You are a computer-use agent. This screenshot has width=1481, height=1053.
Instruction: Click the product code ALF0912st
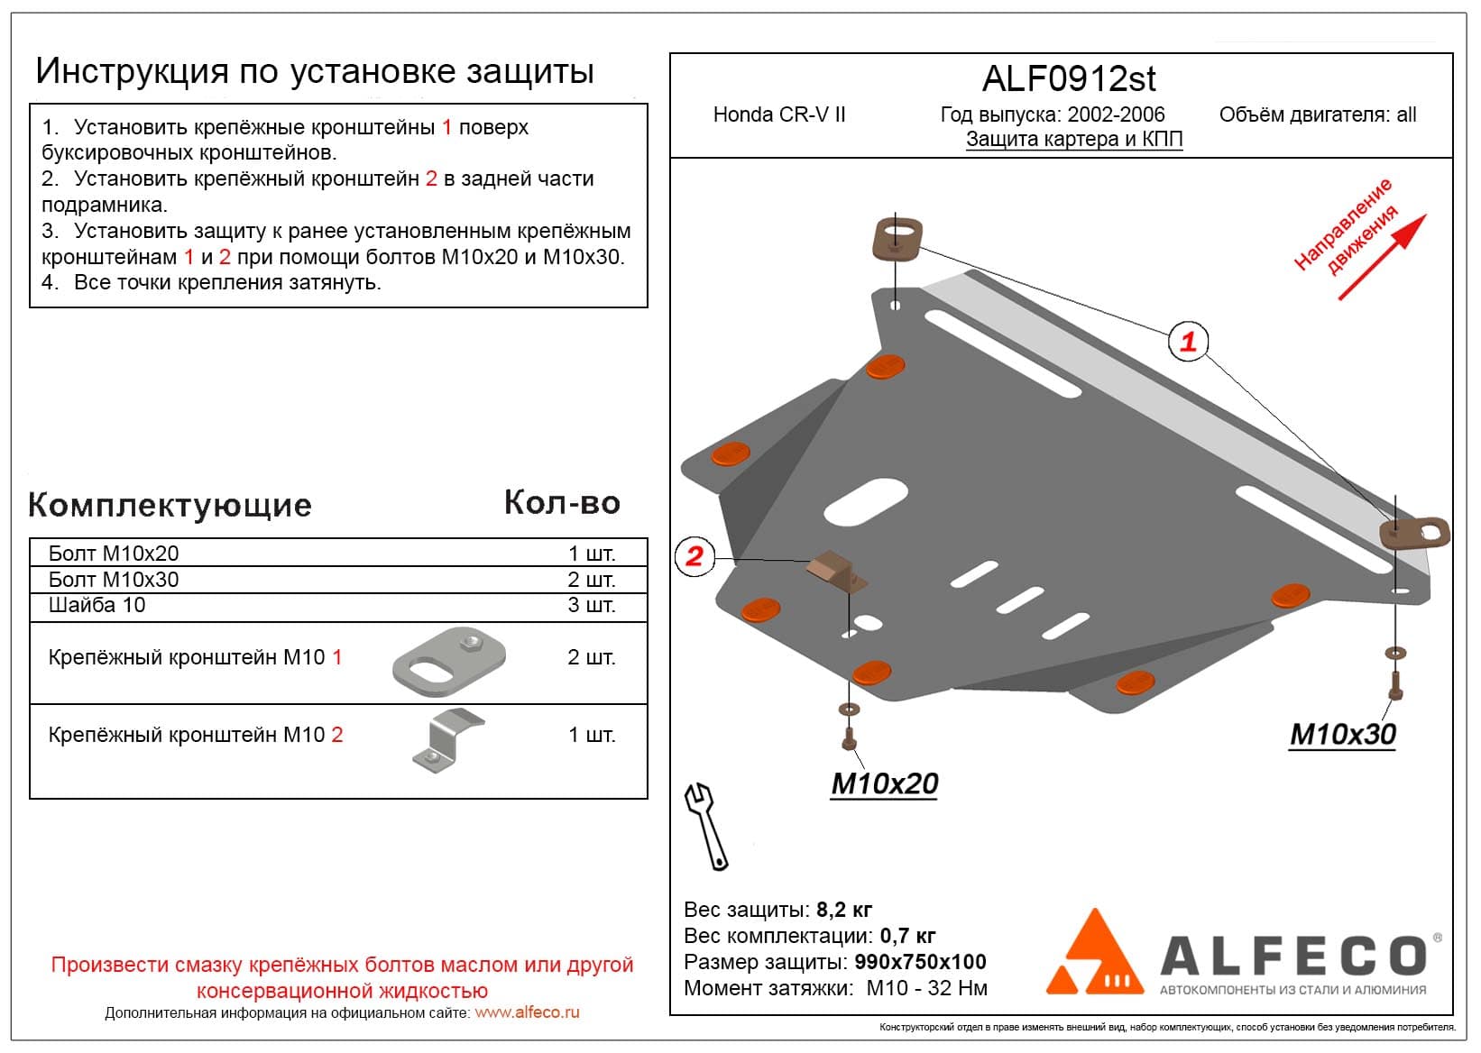1068,79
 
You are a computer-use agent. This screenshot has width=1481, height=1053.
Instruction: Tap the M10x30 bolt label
1342,735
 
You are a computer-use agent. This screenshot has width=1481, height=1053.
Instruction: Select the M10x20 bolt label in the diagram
884,783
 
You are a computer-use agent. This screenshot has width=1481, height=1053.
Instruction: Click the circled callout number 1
1188,342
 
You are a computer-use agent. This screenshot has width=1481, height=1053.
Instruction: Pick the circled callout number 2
694,555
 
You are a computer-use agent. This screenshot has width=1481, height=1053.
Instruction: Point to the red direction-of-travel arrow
1382,256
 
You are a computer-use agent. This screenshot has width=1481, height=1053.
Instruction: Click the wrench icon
707,825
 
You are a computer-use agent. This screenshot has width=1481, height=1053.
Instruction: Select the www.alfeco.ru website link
527,1012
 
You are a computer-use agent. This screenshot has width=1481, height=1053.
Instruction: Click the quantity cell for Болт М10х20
591,553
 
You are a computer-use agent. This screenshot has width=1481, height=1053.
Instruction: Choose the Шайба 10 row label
97,605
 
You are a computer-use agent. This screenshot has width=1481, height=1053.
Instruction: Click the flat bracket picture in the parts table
448,661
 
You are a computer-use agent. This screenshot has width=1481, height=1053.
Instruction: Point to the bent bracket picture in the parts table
447,741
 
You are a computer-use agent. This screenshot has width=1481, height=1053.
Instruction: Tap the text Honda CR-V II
779,114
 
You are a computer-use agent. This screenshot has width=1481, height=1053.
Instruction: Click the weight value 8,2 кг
843,909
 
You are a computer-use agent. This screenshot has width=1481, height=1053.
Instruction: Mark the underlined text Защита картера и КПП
1073,139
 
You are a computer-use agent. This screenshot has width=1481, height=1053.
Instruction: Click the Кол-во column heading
562,503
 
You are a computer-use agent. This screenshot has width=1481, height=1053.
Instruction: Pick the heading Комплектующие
170,505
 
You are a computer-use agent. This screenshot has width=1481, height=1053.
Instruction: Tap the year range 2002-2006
1116,114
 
